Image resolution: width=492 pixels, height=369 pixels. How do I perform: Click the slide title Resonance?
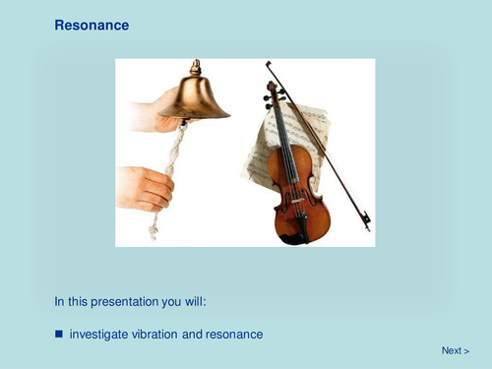pos(92,25)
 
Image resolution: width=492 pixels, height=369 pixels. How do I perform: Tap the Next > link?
pos(455,350)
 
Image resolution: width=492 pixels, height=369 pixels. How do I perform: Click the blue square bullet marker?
pos(59,335)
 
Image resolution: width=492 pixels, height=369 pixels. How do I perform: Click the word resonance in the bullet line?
pos(235,335)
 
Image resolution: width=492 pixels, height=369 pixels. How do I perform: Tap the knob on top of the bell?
pos(196,66)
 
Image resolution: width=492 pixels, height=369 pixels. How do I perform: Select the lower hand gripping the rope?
pos(145,187)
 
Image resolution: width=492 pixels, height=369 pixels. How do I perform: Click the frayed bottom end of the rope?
pos(153,232)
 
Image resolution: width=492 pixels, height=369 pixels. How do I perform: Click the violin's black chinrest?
pos(295,232)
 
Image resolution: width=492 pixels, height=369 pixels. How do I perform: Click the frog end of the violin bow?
pos(363,218)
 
